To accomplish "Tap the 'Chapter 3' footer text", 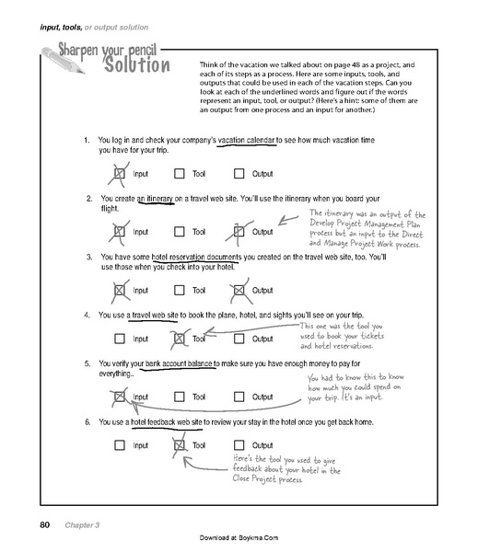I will click(x=83, y=525).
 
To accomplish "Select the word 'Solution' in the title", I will click(x=136, y=67).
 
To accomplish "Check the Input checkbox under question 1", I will click(x=120, y=172).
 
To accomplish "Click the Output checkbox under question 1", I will click(x=239, y=172).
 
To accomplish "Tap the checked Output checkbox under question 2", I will click(x=239, y=232).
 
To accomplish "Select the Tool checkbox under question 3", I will click(x=179, y=290).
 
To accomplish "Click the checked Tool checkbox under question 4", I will click(x=179, y=339).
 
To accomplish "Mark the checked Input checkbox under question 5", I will click(x=120, y=397).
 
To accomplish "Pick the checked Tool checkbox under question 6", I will click(x=179, y=445).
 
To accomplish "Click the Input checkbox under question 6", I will click(x=120, y=445).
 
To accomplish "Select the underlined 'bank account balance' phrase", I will click(x=176, y=363).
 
